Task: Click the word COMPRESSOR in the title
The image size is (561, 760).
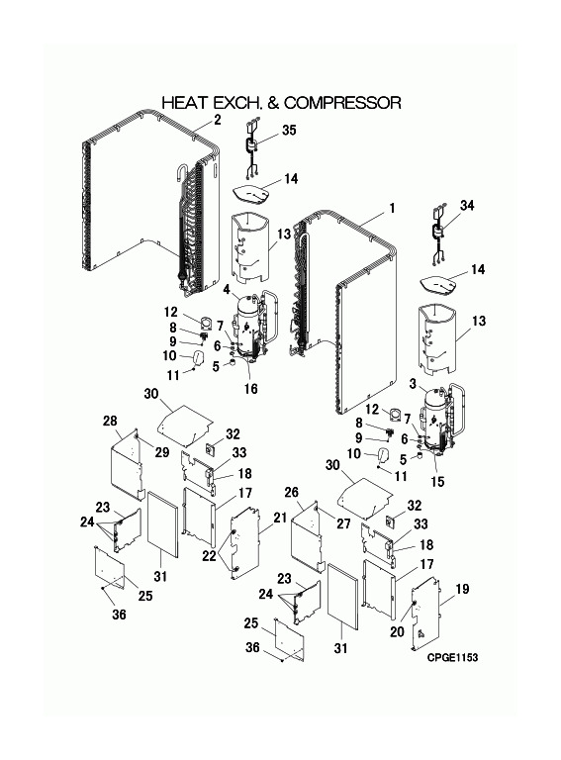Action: pyautogui.click(x=342, y=103)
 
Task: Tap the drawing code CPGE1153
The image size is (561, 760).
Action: pyautogui.click(x=452, y=657)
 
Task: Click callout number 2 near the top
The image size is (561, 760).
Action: pyautogui.click(x=218, y=119)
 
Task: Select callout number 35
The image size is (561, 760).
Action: pyautogui.click(x=289, y=130)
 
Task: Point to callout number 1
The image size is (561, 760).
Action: pyautogui.click(x=392, y=208)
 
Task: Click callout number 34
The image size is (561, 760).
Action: pyautogui.click(x=467, y=206)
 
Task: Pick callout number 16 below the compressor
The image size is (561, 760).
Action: pyautogui.click(x=251, y=389)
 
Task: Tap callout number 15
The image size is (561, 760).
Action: pyautogui.click(x=437, y=482)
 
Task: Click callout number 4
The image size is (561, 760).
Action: pyautogui.click(x=227, y=290)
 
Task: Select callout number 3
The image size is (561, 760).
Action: pyautogui.click(x=413, y=384)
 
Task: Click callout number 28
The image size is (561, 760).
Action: pyautogui.click(x=110, y=421)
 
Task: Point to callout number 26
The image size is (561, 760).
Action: pyautogui.click(x=291, y=493)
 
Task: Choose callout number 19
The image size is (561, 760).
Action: pyautogui.click(x=462, y=589)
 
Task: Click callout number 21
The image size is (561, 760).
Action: pyautogui.click(x=280, y=518)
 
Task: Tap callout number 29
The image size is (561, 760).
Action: pyautogui.click(x=162, y=451)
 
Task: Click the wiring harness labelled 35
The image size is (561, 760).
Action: pyautogui.click(x=252, y=149)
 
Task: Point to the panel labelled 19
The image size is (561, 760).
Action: pyautogui.click(x=425, y=615)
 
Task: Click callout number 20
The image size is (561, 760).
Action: pyautogui.click(x=398, y=631)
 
